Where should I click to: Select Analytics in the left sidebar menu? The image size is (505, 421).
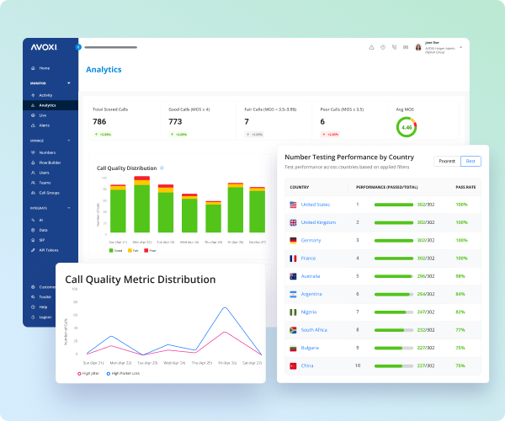(47, 105)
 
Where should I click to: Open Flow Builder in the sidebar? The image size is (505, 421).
(50, 162)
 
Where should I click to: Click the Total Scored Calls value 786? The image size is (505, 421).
(99, 122)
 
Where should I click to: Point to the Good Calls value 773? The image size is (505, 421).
(176, 122)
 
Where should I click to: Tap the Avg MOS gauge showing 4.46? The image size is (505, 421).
(407, 127)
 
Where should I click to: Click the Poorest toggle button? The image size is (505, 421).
(446, 161)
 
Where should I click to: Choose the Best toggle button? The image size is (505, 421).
(471, 161)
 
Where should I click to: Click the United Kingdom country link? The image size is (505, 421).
(318, 222)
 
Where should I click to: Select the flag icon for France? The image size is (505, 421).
(293, 258)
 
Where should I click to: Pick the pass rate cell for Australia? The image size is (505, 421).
(460, 276)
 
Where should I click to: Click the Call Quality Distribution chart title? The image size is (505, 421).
(127, 168)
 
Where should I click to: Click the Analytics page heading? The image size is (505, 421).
(104, 70)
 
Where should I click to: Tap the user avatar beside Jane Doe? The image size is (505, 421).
(418, 47)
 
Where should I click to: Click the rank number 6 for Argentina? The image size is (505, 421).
(357, 294)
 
